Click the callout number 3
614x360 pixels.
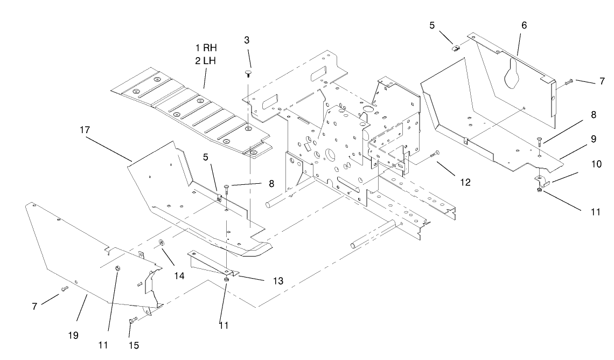pyautogui.click(x=246, y=40)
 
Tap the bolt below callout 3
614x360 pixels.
pyautogui.click(x=247, y=74)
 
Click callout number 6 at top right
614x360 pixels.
pyautogui.click(x=524, y=25)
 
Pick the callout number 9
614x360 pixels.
pyautogui.click(x=592, y=139)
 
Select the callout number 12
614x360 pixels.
pyautogui.click(x=465, y=183)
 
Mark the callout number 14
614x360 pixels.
pyautogui.click(x=179, y=275)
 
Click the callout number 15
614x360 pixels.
pyautogui.click(x=134, y=345)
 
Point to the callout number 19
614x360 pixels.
pyautogui.click(x=73, y=335)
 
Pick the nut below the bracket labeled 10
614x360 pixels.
pyautogui.click(x=540, y=190)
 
